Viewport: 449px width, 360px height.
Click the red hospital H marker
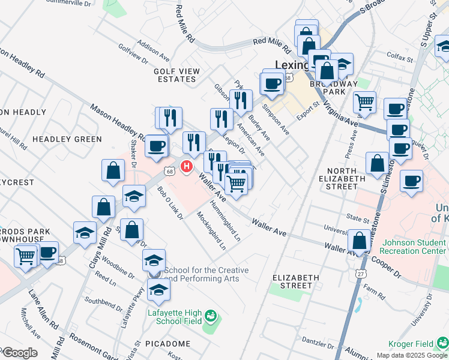[x=187, y=166]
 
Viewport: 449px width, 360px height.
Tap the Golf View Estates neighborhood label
[x=176, y=75]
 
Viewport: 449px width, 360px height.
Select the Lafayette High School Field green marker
[x=210, y=315]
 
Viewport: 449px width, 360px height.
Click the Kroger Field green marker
[x=443, y=343]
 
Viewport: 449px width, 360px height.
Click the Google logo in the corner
[x=20, y=353]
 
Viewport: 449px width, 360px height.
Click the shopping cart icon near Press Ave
[x=364, y=103]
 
